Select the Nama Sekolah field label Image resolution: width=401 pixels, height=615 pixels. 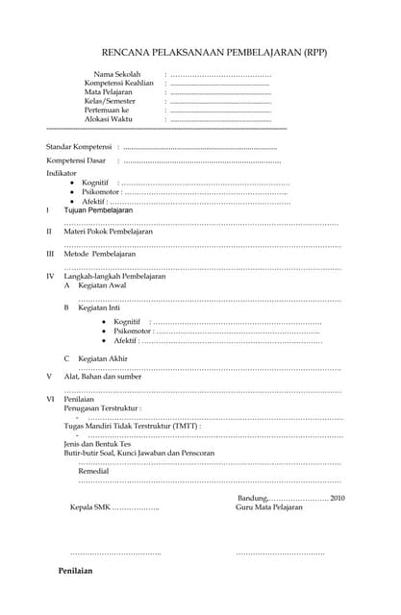pos(116,74)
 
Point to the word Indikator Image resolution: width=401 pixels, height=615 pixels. pos(62,173)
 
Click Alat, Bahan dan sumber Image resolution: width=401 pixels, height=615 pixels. pos(102,376)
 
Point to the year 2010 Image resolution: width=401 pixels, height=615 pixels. pos(337,498)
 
